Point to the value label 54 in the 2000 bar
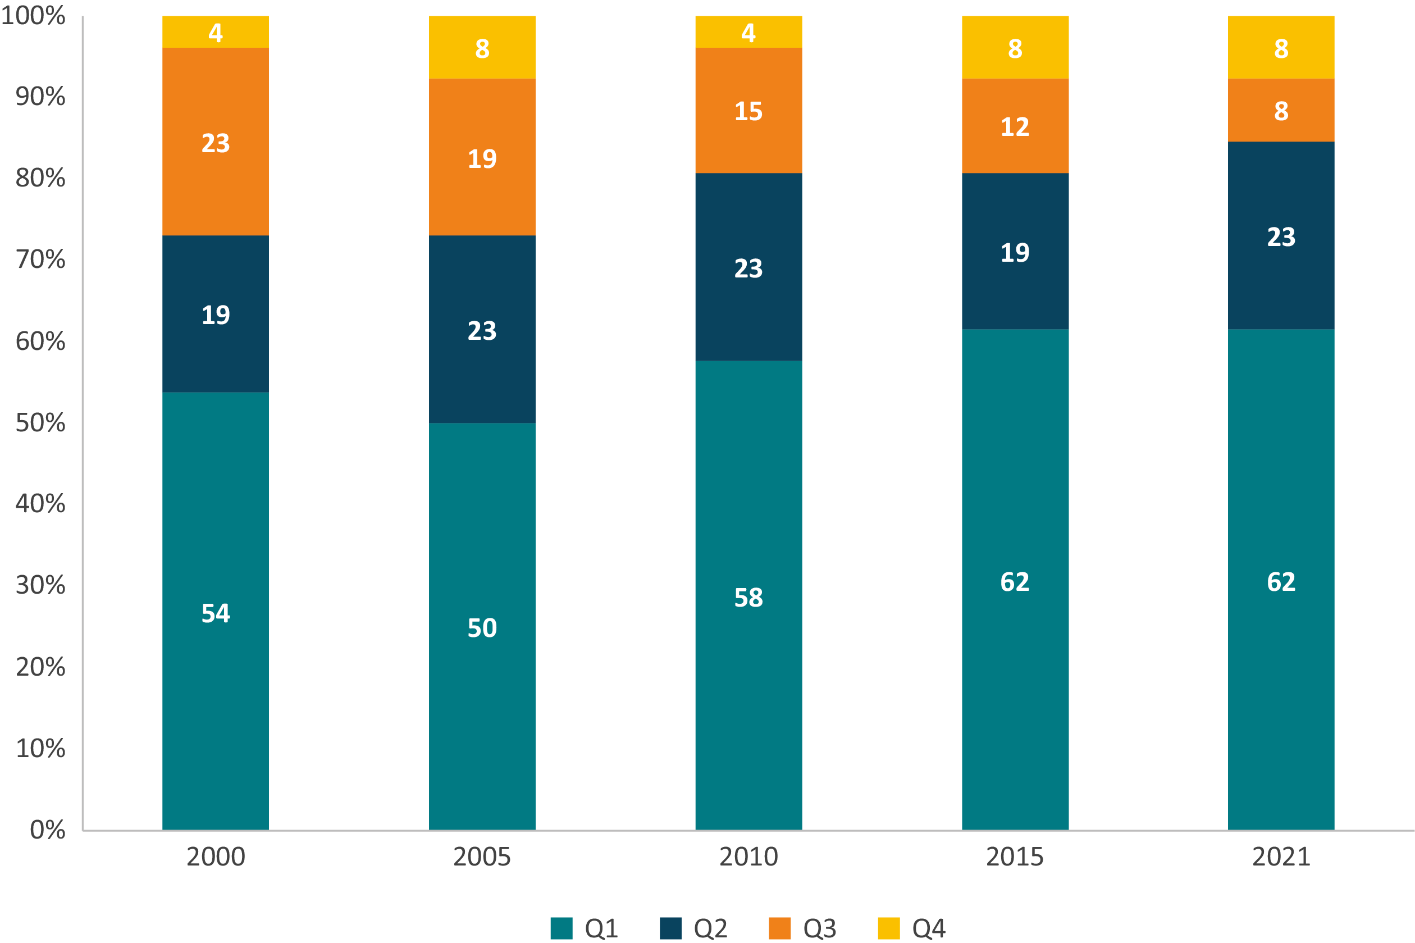pos(215,613)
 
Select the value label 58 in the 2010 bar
pos(748,598)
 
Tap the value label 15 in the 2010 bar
pos(748,111)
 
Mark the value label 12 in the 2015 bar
pos(1015,127)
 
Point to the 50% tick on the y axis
pos(40,423)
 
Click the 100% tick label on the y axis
pos(33,16)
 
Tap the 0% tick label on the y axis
pos(48,830)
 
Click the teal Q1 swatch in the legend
pos(561,928)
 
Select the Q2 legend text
pos(710,928)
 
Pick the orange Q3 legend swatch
pos(779,928)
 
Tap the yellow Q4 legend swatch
pos(888,928)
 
